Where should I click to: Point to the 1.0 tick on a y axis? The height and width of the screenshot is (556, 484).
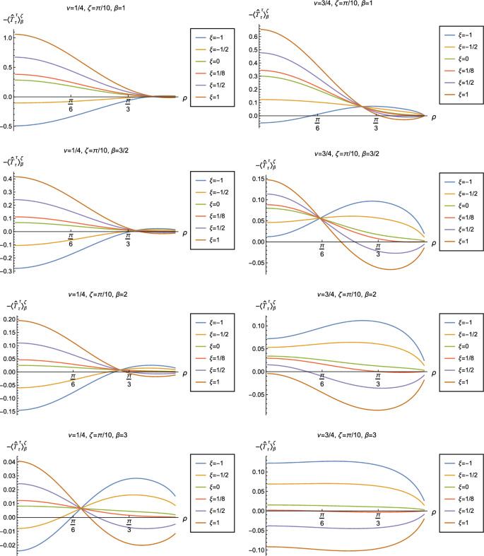8,35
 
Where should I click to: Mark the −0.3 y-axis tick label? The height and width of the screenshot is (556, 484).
6,269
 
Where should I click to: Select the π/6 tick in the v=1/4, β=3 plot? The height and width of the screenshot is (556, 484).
73,526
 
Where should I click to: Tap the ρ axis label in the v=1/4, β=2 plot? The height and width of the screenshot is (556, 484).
184,372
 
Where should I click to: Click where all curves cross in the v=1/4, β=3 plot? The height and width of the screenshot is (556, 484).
81,508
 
